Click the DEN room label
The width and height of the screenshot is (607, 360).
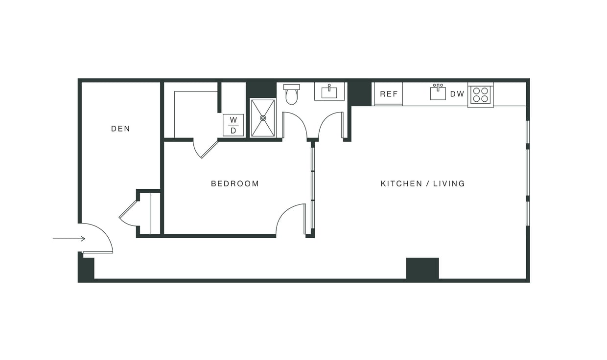tap(120, 129)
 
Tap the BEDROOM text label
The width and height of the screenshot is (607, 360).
tap(234, 184)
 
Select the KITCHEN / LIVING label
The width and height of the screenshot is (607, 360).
tap(422, 184)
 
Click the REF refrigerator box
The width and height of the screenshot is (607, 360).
tap(389, 94)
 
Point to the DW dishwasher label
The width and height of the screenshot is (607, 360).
tap(457, 94)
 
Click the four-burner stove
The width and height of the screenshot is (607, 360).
tap(480, 95)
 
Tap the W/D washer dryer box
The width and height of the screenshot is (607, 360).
tap(233, 125)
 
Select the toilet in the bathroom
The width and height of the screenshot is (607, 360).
tap(291, 95)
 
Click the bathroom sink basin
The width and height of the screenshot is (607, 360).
tap(329, 92)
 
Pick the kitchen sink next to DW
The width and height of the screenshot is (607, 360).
tap(438, 92)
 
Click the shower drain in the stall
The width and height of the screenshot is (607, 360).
tap(263, 118)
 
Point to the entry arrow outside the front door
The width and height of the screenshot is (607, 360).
tap(69, 239)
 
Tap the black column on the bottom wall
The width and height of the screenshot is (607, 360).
tap(422, 269)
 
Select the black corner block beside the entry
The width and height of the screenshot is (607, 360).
tap(86, 269)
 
